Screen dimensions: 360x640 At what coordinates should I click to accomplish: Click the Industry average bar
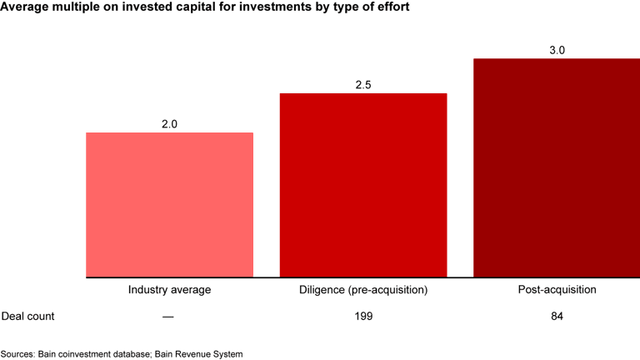tap(170, 205)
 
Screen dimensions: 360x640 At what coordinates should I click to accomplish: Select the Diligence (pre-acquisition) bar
tap(363, 185)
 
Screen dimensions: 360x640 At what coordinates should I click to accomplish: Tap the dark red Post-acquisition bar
tap(557, 167)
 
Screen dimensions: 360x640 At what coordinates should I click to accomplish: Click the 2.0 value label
tap(170, 124)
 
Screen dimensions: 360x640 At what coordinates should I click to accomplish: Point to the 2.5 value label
tap(363, 85)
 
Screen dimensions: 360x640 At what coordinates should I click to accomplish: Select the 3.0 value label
tap(557, 50)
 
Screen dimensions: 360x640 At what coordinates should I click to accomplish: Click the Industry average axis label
tap(170, 291)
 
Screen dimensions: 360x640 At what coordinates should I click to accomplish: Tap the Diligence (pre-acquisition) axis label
tap(363, 291)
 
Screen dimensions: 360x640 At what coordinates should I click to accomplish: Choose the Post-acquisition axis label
tap(557, 291)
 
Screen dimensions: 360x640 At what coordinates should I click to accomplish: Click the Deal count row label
tap(27, 317)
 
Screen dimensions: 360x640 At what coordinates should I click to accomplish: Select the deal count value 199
tap(363, 317)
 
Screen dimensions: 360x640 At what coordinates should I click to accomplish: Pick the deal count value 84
tap(557, 317)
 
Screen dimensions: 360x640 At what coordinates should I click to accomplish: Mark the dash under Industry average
tap(170, 317)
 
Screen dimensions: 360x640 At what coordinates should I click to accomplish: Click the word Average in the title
tap(26, 7)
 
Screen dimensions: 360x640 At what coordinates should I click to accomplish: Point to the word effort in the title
tap(391, 7)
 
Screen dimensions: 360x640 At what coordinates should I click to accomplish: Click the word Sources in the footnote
tap(17, 353)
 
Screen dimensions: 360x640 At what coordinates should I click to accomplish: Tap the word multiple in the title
tap(79, 7)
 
